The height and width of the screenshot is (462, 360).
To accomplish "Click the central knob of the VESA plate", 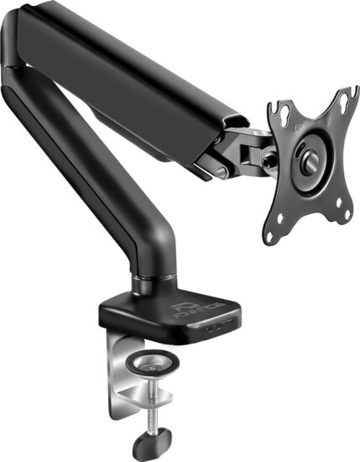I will coord(309,160).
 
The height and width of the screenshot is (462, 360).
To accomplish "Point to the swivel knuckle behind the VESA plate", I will coord(249,151).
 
